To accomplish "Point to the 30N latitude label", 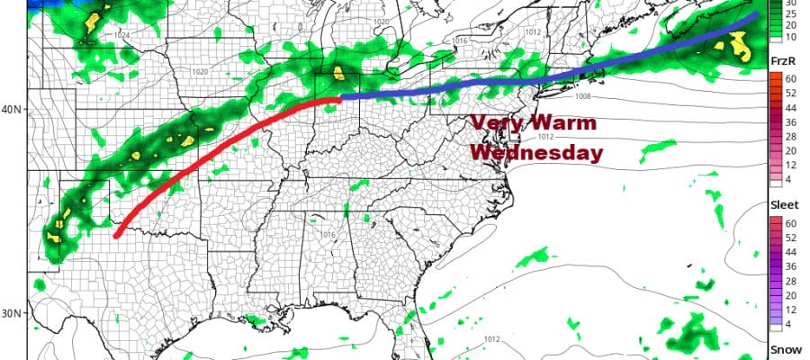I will pos(13,313).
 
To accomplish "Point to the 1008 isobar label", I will pos(586,96).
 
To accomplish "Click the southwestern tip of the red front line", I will pos(117,236).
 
